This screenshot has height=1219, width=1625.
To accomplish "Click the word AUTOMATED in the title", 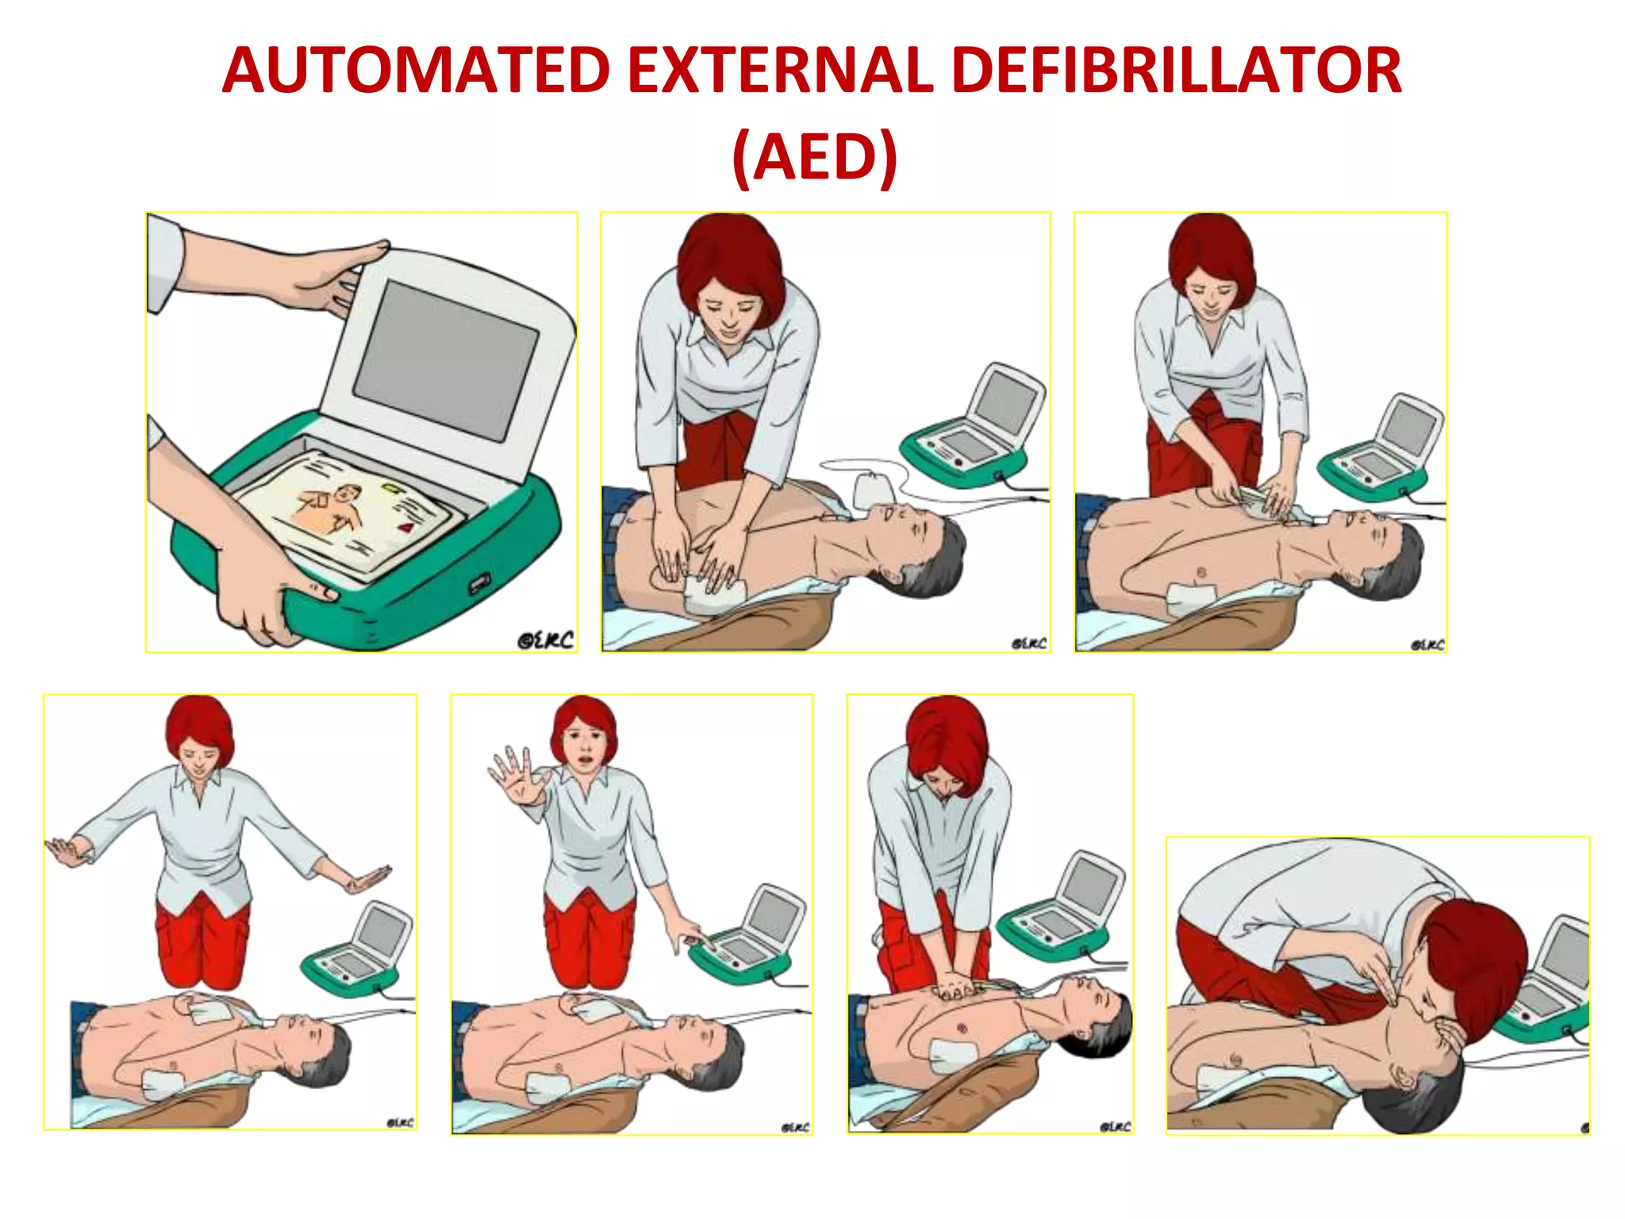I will pyautogui.click(x=416, y=71).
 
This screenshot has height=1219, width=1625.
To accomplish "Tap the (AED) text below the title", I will pyautogui.click(x=814, y=157).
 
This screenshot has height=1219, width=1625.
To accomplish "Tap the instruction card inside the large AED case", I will pyautogui.click(x=349, y=513).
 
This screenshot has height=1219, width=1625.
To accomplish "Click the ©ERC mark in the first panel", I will pyautogui.click(x=545, y=640).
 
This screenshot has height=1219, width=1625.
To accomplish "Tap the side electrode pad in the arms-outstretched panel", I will pyautogui.click(x=163, y=1083).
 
